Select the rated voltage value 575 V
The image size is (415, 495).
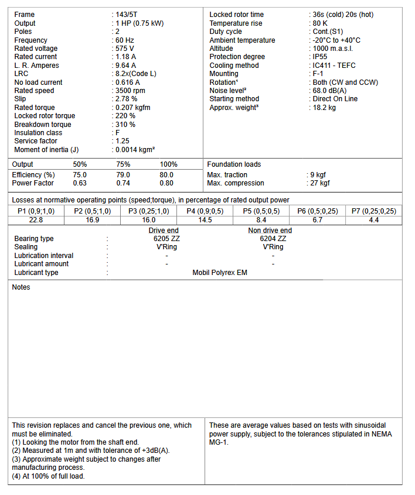pos(125,49)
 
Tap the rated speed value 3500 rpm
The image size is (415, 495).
pos(130,91)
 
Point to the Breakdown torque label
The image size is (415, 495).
pos(43,125)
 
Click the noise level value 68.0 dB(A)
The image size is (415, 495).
pos(330,91)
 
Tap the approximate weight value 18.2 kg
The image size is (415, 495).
pos(324,108)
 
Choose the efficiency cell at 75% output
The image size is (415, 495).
pos(123,175)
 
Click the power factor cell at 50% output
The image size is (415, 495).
pos(80,183)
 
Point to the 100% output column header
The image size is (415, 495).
pos(168,164)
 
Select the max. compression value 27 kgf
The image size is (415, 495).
pos(320,183)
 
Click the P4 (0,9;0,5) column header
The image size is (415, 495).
pos(205,211)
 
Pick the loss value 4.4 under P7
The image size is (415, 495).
pos(373,220)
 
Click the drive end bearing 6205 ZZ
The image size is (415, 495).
pos(166,239)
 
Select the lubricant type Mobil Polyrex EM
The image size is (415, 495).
pos(220,273)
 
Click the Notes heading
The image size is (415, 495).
pos(21,287)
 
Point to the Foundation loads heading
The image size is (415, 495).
pos(234,164)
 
